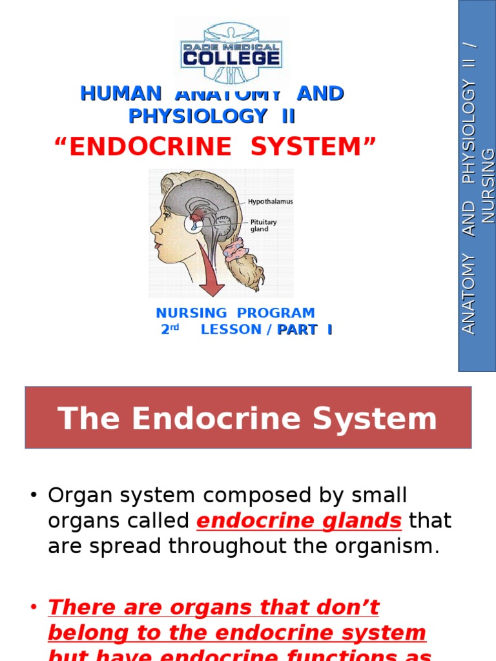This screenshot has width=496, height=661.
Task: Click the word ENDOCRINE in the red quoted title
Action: [150, 147]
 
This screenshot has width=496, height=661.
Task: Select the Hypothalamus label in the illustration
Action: [271, 202]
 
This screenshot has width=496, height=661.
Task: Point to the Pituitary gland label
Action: [263, 225]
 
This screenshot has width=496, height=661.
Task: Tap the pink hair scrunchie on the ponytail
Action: [236, 249]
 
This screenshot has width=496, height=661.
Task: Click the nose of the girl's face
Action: [153, 227]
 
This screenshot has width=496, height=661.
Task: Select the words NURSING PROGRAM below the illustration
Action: [235, 313]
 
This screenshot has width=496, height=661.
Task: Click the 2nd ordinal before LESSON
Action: [170, 330]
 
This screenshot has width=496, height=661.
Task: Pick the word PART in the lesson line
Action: [298, 330]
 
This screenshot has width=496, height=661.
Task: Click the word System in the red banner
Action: [375, 418]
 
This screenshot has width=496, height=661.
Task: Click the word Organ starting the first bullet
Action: [75, 496]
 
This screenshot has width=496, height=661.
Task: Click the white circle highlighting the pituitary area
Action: [196, 224]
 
